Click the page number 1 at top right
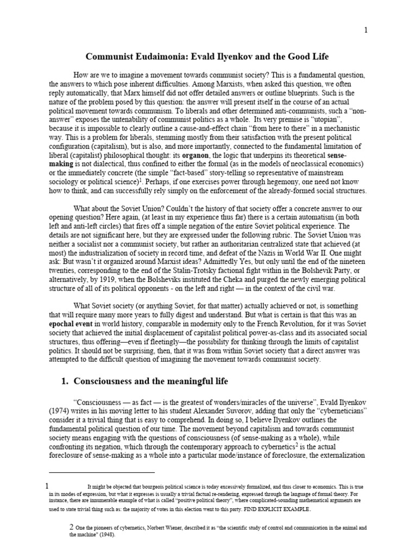(365, 30)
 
